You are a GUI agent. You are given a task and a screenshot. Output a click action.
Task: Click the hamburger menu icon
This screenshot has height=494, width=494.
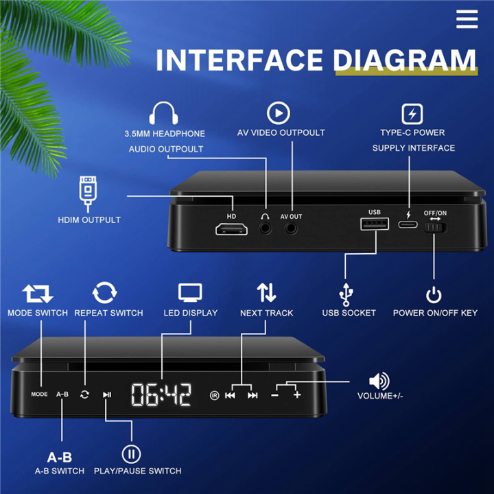(467, 19)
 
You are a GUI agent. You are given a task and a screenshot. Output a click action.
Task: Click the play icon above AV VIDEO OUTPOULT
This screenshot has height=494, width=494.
(279, 113)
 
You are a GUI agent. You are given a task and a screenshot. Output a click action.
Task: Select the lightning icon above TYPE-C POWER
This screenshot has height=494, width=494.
(412, 113)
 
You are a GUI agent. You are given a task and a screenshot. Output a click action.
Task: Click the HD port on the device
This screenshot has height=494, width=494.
(232, 229)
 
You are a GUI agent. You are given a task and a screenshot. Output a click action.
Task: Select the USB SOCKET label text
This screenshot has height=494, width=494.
(349, 313)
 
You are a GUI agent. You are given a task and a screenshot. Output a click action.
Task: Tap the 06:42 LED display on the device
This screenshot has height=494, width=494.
(161, 395)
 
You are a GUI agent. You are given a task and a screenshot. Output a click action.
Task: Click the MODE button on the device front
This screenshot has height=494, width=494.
(39, 395)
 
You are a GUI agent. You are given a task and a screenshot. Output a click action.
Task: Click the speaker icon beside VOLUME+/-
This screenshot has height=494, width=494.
(379, 381)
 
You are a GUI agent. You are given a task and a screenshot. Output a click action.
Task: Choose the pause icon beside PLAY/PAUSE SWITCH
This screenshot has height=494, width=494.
(131, 454)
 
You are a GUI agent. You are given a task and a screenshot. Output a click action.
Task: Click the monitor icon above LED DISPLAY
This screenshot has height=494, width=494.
(190, 293)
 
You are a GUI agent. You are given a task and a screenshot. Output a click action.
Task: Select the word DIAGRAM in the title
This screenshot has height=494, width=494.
(405, 60)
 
